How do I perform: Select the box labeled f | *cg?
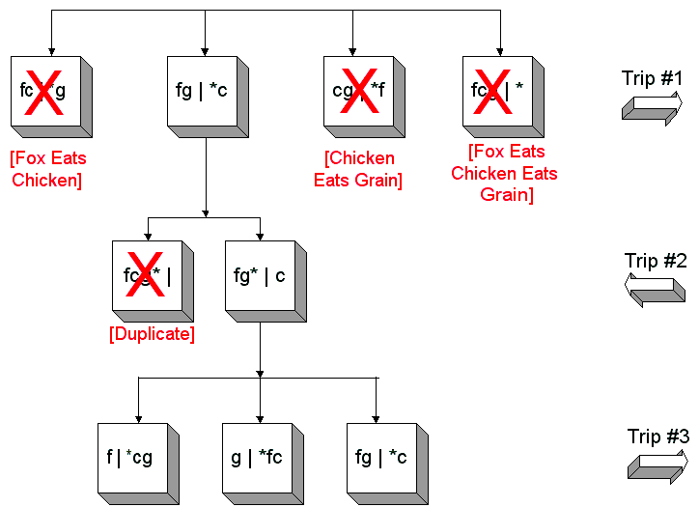(133, 456)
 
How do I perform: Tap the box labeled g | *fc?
(256, 456)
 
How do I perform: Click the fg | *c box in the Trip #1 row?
(203, 91)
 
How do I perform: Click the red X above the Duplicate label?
(146, 275)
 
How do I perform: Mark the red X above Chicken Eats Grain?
(359, 91)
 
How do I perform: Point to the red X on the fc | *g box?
(43, 91)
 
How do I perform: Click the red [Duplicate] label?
(152, 334)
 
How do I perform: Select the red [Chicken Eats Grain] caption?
(358, 169)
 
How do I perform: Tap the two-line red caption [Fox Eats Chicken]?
(48, 169)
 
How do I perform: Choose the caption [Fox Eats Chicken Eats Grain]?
(504, 173)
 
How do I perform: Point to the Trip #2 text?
(656, 261)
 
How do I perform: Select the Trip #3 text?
(657, 437)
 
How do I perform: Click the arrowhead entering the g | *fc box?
(260, 418)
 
